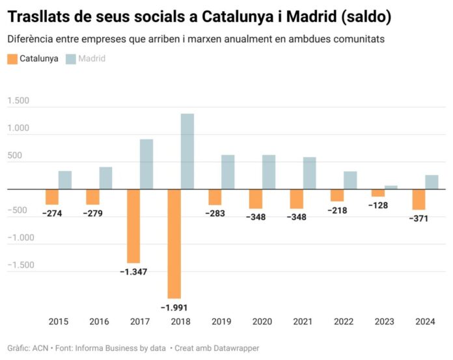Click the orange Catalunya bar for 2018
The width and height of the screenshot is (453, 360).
(174, 243)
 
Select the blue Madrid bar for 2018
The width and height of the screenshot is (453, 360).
(187, 151)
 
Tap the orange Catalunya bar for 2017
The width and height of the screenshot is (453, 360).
(133, 226)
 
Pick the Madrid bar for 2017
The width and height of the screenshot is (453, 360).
(146, 164)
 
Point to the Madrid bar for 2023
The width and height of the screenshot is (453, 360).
(391, 187)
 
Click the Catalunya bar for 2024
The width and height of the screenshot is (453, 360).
(419, 199)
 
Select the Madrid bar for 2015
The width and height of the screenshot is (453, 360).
(65, 180)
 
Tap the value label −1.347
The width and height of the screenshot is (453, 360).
(133, 271)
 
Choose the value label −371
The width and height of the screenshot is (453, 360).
(419, 219)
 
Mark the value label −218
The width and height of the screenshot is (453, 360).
(337, 211)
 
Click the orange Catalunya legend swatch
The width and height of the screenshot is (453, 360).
(12, 59)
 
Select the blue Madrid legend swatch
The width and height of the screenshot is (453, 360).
(71, 59)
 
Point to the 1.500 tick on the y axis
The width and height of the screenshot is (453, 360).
(18, 101)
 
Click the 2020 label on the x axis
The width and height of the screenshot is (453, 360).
(262, 321)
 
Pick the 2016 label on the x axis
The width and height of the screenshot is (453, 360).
(100, 321)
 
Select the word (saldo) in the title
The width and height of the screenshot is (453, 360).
(358, 16)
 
